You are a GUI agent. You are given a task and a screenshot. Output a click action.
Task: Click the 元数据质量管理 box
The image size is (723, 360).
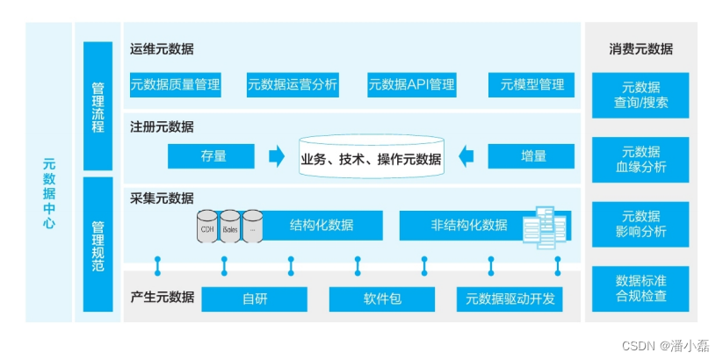tap(175, 84)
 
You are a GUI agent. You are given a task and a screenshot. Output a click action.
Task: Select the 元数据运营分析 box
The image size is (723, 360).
tap(293, 84)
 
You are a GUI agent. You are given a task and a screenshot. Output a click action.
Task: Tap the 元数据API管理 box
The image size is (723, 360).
tap(412, 84)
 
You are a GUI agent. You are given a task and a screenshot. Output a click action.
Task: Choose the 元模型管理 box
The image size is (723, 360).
tap(531, 84)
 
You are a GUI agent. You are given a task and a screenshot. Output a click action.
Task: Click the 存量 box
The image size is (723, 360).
tap(211, 156)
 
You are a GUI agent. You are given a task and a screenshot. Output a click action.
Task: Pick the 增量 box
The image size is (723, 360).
tap(531, 156)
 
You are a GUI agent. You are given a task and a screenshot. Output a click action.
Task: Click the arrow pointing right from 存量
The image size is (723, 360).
tap(277, 156)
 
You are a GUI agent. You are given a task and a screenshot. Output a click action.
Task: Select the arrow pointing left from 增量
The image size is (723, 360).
tap(466, 156)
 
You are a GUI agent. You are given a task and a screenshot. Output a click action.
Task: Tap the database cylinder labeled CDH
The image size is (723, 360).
tap(207, 227)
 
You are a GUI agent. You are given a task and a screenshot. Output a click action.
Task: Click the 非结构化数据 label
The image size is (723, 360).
tap(469, 225)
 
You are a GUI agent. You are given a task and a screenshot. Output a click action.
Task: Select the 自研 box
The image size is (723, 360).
tap(255, 299)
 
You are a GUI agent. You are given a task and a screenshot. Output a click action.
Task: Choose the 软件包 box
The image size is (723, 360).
tap(382, 299)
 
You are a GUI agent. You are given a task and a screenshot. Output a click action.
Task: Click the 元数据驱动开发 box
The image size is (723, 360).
tap(510, 299)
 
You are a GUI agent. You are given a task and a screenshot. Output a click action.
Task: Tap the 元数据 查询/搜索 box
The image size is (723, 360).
tap(640, 95)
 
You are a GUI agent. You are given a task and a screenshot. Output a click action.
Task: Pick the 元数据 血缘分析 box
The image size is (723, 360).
tap(640, 160)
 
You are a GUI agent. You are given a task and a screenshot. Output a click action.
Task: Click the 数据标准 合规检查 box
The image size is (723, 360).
tap(640, 288)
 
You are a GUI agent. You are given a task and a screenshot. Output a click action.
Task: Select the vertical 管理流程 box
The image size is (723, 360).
tap(98, 106)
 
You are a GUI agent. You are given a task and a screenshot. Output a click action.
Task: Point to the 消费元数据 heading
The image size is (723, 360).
tap(640, 49)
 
